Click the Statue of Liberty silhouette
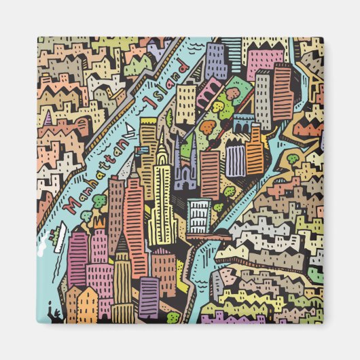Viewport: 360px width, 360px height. (x=49, y=314)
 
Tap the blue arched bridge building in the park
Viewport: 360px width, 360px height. (x=242, y=126)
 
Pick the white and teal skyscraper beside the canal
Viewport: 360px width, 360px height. (x=199, y=215)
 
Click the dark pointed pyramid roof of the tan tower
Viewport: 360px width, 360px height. (x=122, y=245)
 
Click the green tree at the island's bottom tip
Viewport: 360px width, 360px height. (x=173, y=316)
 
